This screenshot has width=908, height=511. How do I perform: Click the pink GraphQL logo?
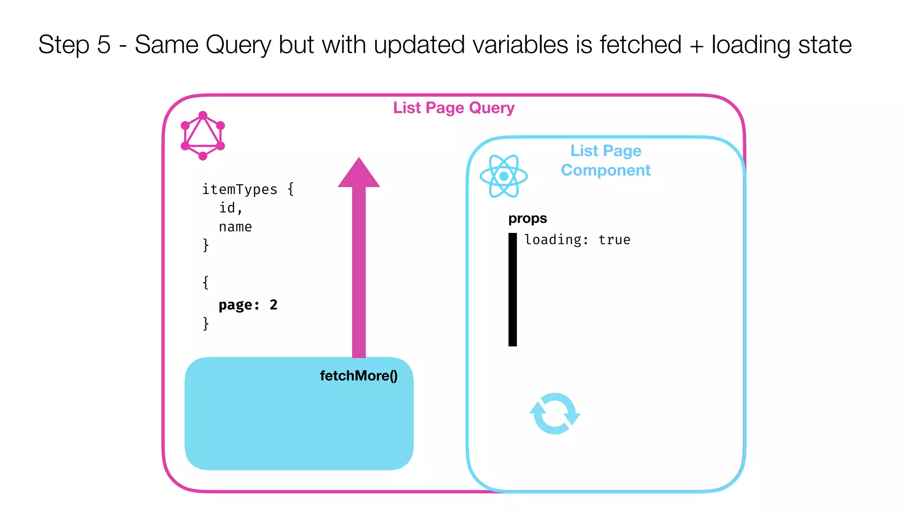click(203, 136)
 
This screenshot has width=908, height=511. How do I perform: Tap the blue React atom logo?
click(504, 176)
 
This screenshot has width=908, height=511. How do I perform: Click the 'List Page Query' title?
click(454, 108)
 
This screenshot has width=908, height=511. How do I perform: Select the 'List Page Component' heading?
click(606, 161)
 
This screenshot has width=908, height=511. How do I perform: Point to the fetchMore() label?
click(359, 376)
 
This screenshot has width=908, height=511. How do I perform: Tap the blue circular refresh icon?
click(555, 413)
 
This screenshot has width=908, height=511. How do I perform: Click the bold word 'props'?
click(527, 218)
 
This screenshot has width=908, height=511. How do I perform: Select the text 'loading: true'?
click(577, 240)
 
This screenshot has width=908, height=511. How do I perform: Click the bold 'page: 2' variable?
click(248, 305)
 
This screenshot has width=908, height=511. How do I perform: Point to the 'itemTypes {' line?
click(248, 189)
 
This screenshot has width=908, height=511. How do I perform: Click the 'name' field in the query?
click(235, 227)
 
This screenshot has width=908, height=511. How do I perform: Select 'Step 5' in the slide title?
click(74, 45)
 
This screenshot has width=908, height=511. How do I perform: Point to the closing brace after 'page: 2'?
click(206, 323)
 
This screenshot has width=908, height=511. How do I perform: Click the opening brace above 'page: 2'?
click(206, 282)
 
